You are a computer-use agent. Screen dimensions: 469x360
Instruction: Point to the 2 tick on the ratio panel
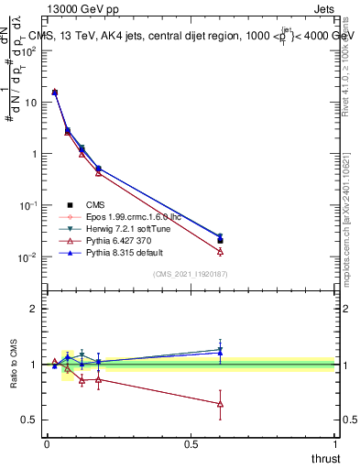(33, 309)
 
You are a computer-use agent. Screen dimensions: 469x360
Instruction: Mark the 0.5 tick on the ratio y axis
(28, 420)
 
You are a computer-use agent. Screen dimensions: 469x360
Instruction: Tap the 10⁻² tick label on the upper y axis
(27, 258)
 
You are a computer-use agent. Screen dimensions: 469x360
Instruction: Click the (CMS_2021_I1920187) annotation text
(190, 273)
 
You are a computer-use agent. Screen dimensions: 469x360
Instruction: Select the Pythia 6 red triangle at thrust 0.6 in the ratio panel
(220, 404)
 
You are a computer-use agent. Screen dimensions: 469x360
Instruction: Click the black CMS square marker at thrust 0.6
(220, 241)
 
